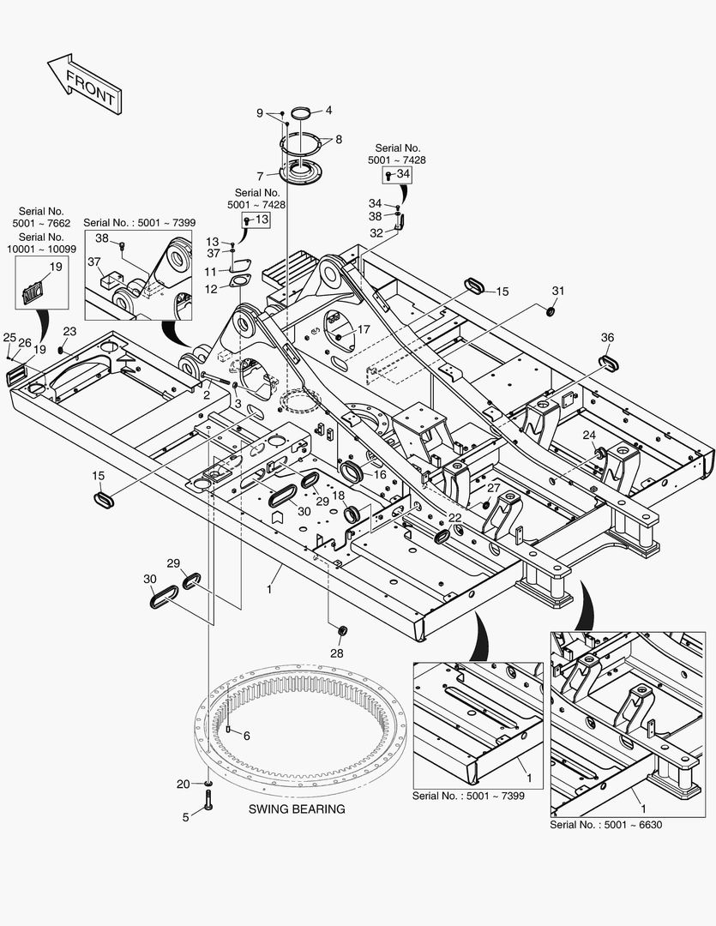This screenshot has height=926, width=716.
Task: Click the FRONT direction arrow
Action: point(82,84)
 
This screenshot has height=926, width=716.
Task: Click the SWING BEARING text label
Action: point(297,809)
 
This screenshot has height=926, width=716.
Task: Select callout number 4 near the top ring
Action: point(328,111)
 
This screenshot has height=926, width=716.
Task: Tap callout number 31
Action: point(558,292)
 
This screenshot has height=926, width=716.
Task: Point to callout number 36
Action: point(607,338)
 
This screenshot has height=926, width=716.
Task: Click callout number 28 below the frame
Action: point(336,652)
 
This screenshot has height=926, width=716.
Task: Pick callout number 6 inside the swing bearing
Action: point(246,736)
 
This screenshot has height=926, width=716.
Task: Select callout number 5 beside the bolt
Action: point(185,817)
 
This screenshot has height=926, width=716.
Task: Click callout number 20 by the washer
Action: point(184,784)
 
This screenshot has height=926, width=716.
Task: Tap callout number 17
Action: point(364,329)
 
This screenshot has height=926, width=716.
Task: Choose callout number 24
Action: point(589,436)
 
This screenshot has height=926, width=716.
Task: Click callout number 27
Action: point(493,488)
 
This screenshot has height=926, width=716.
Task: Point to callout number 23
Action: point(69,332)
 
